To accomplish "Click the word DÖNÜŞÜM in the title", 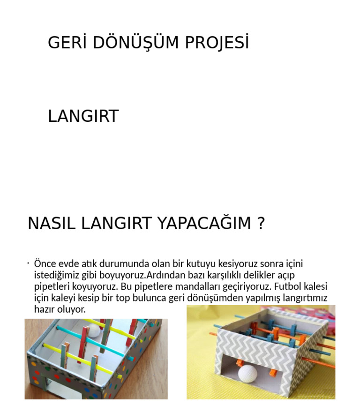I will [x=135, y=43].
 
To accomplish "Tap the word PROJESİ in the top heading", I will [x=217, y=43].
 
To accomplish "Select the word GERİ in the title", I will [x=67, y=43].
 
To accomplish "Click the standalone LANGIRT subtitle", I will [x=83, y=116].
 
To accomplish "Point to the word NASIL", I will [x=52, y=224].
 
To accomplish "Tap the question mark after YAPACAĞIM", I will [x=262, y=224].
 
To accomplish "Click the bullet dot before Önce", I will [x=28, y=263].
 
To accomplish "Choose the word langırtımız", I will [x=305, y=298].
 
